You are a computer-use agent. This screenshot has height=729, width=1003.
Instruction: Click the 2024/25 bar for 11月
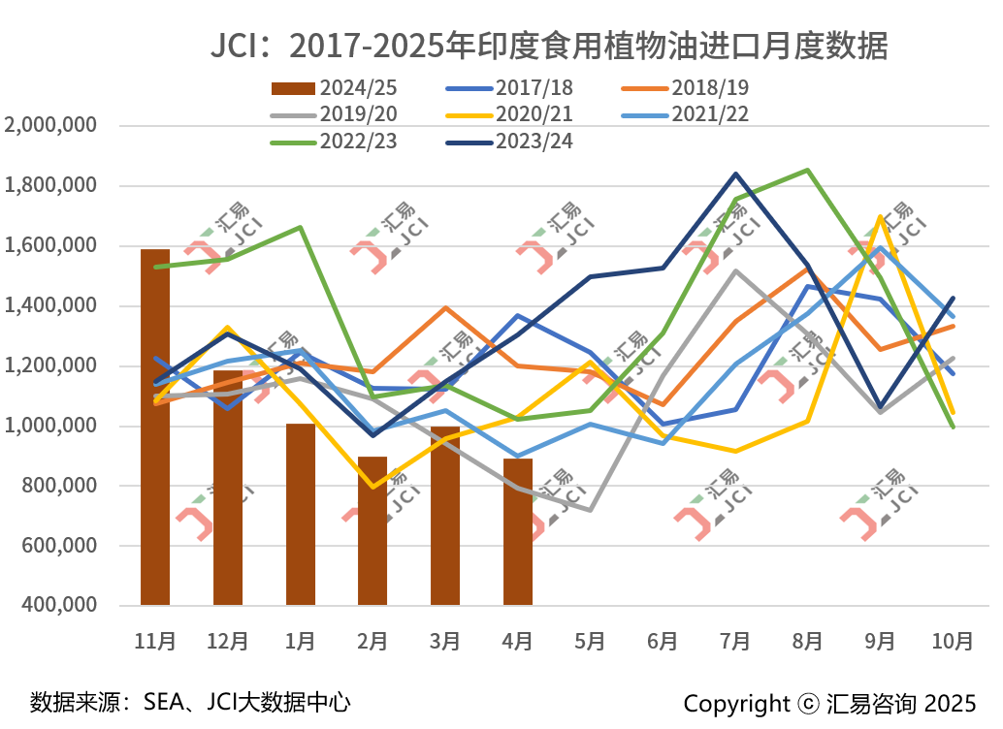click(155, 427)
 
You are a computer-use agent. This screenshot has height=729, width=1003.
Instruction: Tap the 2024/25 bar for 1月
click(301, 514)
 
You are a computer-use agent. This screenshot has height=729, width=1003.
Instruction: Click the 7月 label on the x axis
click(735, 641)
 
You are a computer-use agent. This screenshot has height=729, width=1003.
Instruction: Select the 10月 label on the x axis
click(953, 641)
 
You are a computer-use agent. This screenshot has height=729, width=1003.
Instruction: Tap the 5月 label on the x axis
click(590, 641)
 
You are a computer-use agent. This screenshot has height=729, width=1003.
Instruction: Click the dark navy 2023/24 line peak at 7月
click(735, 174)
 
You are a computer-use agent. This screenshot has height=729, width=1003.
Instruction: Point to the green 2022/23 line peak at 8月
click(808, 171)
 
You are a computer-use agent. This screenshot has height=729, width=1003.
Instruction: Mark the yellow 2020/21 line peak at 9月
click(880, 216)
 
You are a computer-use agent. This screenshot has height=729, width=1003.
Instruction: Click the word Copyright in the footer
click(736, 703)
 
